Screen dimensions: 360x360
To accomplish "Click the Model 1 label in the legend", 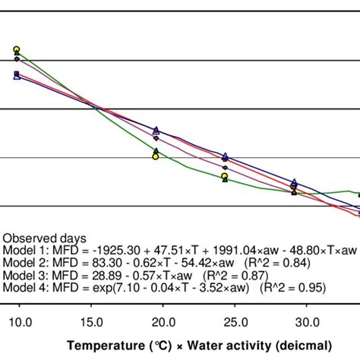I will (x=23, y=250).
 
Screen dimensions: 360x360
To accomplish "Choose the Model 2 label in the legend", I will (x=23, y=263).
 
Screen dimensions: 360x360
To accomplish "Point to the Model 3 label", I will (x=23, y=276).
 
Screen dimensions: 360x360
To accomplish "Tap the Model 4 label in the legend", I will (x=23, y=289).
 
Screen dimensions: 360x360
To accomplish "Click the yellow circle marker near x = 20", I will (x=155, y=156).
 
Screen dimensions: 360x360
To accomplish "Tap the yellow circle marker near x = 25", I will (x=225, y=176).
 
